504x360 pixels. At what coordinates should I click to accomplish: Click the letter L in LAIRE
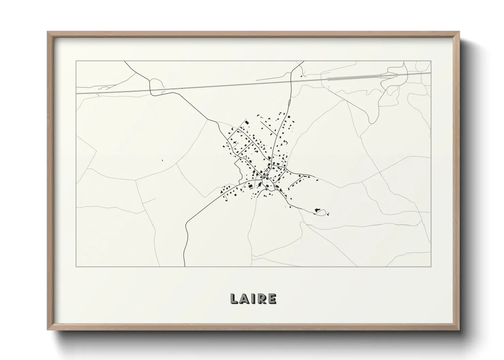pyautogui.click(x=234, y=299)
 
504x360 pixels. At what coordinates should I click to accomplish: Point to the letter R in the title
pyautogui.click(x=261, y=299)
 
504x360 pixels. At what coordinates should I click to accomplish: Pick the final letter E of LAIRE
pyautogui.click(x=271, y=299)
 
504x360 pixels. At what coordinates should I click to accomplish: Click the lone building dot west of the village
pyautogui.click(x=162, y=160)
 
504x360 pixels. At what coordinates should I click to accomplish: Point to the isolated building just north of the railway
pyautogui.click(x=301, y=77)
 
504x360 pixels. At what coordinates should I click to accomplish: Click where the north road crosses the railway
pyautogui.click(x=291, y=81)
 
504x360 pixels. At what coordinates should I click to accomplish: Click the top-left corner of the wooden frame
pyautogui.click(x=48, y=32)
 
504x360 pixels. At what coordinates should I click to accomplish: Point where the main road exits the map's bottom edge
pyautogui.click(x=184, y=266)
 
